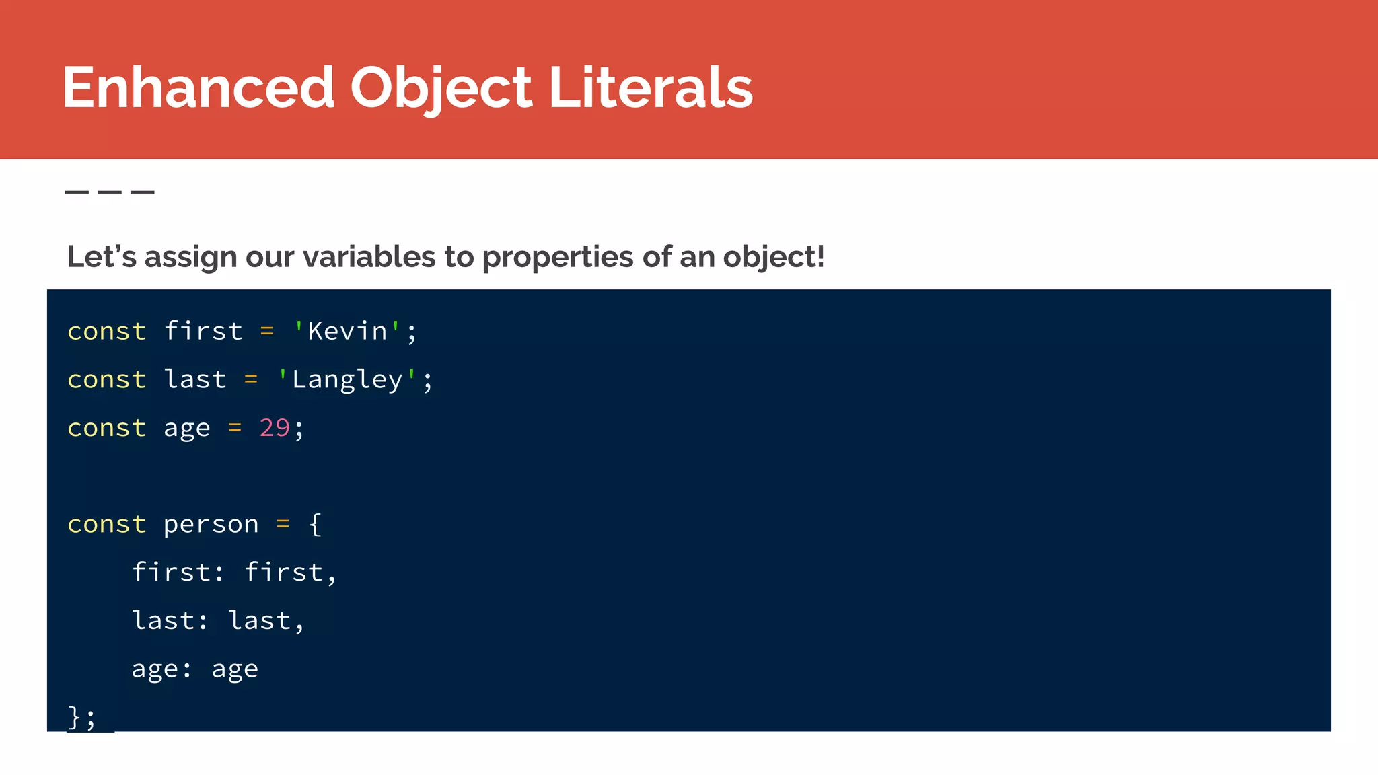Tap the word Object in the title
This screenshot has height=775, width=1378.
click(441, 87)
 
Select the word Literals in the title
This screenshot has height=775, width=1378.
click(651, 87)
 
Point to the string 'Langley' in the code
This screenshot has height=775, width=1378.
click(347, 379)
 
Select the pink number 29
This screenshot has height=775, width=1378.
click(275, 428)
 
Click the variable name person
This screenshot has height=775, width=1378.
click(211, 524)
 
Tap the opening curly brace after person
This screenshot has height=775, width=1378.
click(315, 524)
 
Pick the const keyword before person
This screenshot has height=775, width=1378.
click(106, 524)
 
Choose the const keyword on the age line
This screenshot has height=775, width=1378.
click(106, 428)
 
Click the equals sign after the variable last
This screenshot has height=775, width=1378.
click(251, 379)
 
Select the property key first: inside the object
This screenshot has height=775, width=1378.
click(178, 572)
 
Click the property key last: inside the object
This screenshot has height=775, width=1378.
click(170, 620)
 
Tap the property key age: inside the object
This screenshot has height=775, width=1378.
click(161, 669)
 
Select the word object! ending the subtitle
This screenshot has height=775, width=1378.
click(773, 258)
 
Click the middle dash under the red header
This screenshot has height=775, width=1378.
click(110, 192)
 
